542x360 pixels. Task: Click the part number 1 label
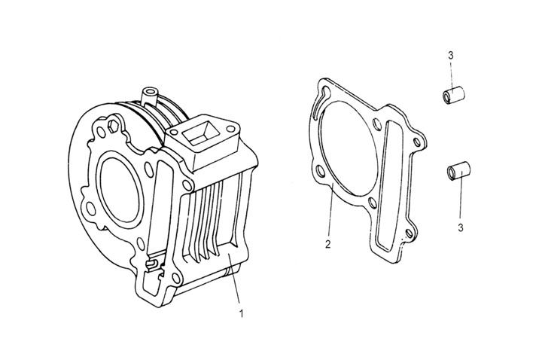click(x=240, y=310)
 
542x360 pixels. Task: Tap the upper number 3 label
click(x=449, y=56)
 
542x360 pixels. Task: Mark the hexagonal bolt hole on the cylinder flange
click(x=115, y=123)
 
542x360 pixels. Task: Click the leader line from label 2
click(x=330, y=211)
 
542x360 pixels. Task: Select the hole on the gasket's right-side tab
click(x=417, y=142)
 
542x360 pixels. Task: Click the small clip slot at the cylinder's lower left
click(x=155, y=265)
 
